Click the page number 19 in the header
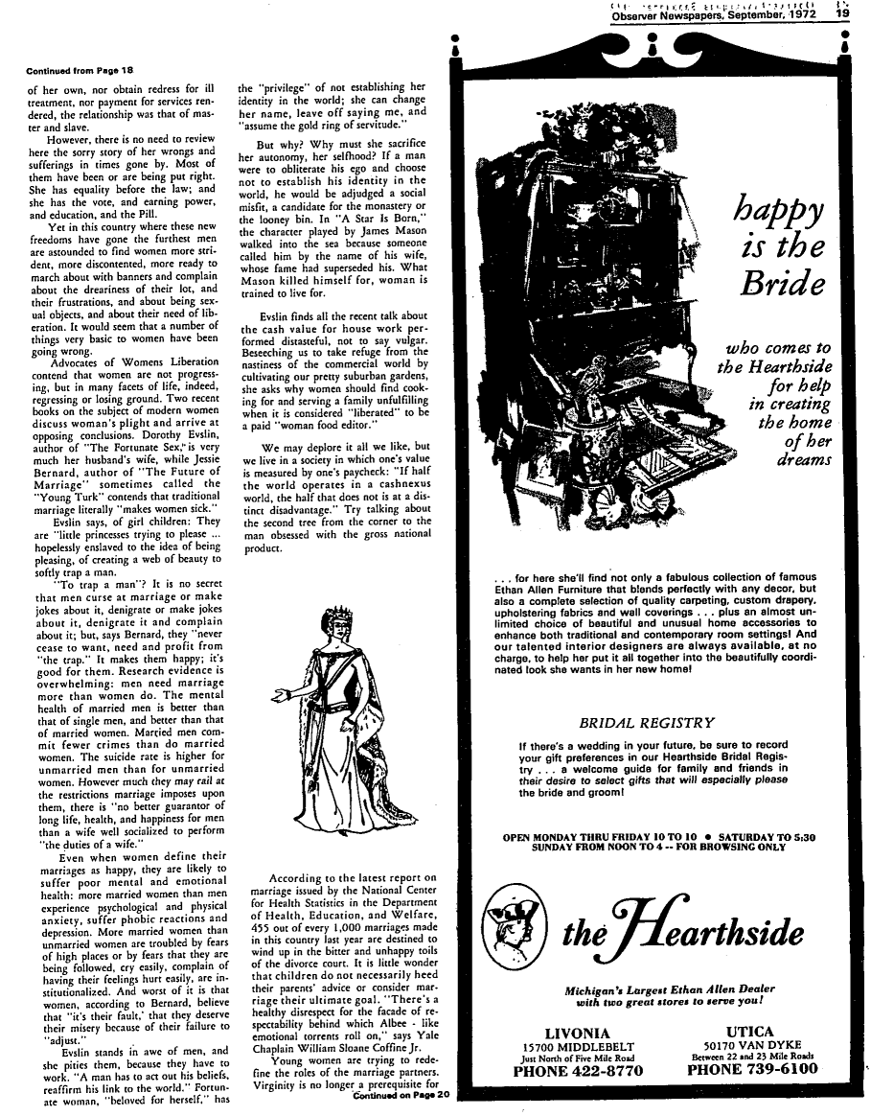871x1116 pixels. (x=841, y=14)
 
